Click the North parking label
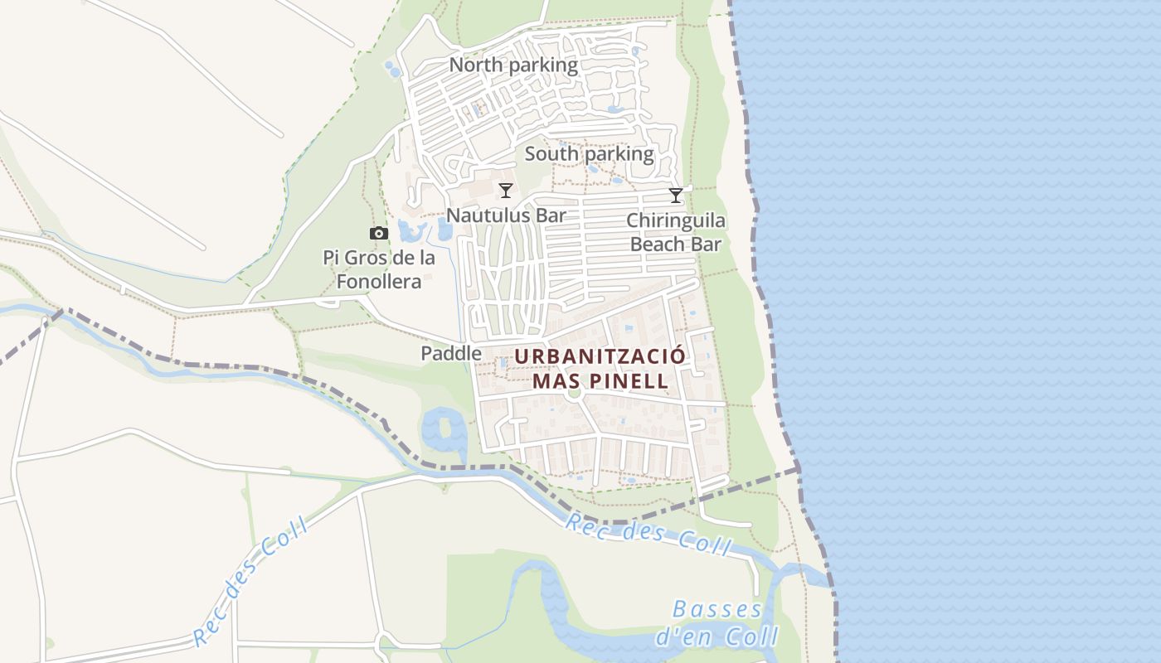tap(513, 65)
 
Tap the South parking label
tap(589, 154)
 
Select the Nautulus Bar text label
tap(506, 215)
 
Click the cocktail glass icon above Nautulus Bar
tap(506, 191)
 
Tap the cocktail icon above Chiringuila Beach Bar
tap(676, 196)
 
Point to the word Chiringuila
tap(676, 220)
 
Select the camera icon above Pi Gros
tap(379, 234)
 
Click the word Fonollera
tap(379, 282)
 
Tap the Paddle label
tap(451, 354)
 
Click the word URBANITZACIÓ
tap(600, 357)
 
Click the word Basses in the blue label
tap(706, 610)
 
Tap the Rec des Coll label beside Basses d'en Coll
tap(649, 534)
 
